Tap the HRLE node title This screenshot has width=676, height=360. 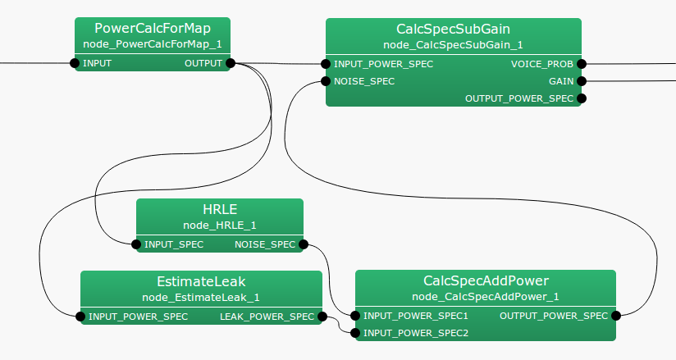pos(219,209)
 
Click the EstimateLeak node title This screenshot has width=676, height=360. pos(201,281)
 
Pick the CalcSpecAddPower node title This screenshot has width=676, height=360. pos(486,281)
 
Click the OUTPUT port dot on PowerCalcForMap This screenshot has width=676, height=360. pos(230,63)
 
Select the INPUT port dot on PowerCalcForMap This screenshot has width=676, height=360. pos(75,63)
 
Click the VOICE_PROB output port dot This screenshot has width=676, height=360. pos(581,63)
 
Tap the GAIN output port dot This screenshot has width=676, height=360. pos(581,81)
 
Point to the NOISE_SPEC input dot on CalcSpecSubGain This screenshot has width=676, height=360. pos(327,81)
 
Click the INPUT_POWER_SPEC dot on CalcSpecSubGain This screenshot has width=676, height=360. pos(327,63)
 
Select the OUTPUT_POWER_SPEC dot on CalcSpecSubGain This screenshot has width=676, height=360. pos(581,98)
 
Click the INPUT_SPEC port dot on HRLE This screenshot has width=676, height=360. pos(136,244)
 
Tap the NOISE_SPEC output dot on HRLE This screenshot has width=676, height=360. pos(303,244)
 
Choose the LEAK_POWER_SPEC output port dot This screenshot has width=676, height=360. pos(322,317)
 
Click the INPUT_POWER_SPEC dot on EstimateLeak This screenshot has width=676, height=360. pos(80,317)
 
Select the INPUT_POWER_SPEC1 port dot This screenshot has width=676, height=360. pos(355,316)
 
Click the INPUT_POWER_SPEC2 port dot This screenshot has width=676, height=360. pos(355,333)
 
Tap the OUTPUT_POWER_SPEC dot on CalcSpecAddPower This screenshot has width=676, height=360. pos(615,316)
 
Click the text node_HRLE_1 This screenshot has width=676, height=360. pos(219,225)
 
